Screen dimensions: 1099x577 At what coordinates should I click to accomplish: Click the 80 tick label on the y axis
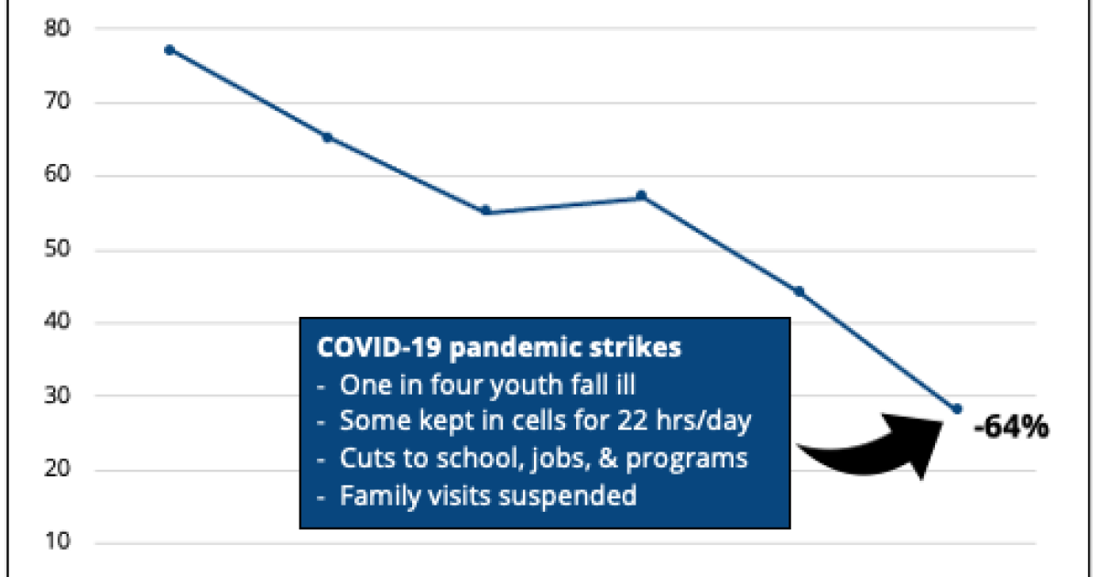[x=58, y=28]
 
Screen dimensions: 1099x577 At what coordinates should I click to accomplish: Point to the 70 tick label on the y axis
[x=58, y=102]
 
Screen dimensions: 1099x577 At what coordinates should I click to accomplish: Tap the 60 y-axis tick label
[x=58, y=174]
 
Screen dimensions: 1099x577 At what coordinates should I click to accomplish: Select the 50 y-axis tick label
[x=58, y=249]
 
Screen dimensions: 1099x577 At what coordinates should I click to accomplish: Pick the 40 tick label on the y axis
[x=58, y=321]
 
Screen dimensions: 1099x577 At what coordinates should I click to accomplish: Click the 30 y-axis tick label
[x=58, y=396]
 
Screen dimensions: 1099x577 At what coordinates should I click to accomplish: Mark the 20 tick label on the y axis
[x=58, y=469]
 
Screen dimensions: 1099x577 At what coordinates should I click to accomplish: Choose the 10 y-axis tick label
[x=58, y=541]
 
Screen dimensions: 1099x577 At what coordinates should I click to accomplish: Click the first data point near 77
[x=169, y=50]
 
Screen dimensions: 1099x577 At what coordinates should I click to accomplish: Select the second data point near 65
[x=327, y=137]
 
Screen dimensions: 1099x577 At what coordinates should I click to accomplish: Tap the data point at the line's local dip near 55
[x=485, y=211]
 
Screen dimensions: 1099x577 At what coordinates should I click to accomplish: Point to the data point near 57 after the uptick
[x=641, y=196]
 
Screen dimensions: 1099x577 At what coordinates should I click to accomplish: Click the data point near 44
[x=800, y=291]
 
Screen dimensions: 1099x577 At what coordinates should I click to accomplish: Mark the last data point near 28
[x=957, y=408]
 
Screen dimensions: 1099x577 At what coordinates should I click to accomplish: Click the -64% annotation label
[x=1011, y=427]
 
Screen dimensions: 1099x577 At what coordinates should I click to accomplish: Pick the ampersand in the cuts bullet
[x=608, y=458]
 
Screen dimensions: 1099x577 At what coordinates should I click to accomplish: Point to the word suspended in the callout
[x=568, y=496]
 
